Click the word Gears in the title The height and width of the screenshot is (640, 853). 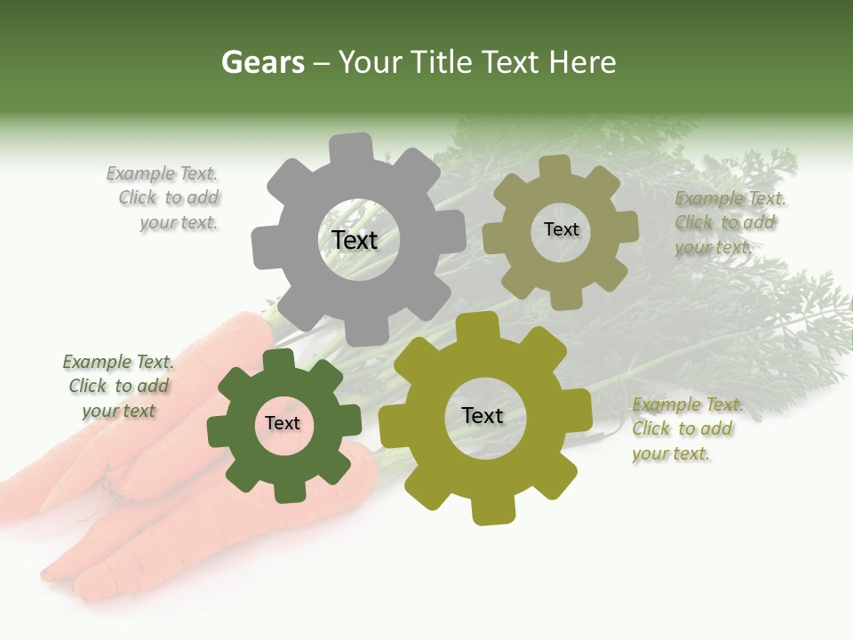[262, 63]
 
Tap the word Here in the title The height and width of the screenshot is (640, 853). [582, 63]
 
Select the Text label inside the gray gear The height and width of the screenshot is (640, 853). [355, 240]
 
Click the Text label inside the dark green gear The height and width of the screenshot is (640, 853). [283, 423]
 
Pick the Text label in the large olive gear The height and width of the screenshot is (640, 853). [482, 416]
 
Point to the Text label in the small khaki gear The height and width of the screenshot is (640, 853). [561, 229]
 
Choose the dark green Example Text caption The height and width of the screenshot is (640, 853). [118, 387]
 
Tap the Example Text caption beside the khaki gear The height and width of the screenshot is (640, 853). [729, 223]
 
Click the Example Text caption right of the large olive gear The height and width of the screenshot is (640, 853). [687, 429]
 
